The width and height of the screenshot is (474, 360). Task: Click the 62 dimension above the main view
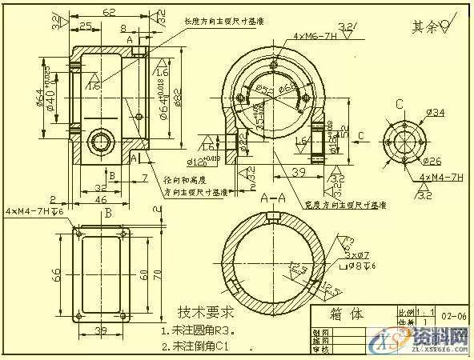click(x=109, y=13)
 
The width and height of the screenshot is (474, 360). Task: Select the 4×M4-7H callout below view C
click(x=436, y=176)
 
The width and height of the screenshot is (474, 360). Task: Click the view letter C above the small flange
click(x=411, y=104)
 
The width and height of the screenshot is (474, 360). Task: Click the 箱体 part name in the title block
click(x=347, y=314)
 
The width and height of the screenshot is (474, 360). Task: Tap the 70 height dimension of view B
click(x=158, y=274)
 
